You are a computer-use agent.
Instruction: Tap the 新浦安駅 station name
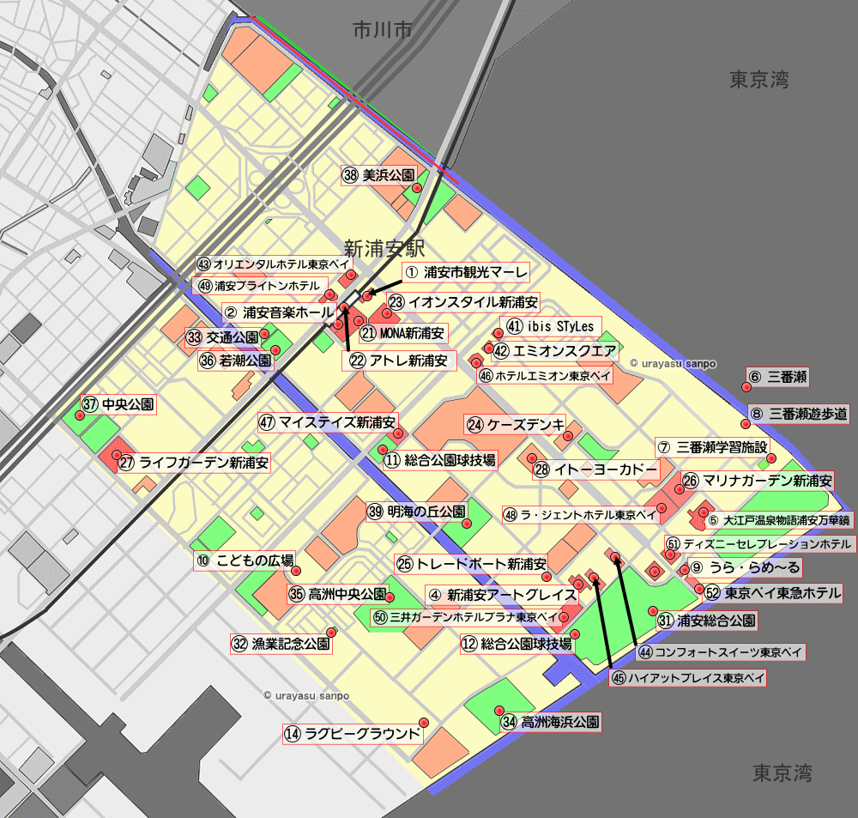pos(384,247)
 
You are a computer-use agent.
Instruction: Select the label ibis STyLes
pos(550,327)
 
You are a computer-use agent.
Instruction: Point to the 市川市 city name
pos(383,30)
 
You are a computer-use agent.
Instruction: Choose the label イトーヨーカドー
pos(595,470)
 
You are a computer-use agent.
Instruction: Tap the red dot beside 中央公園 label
pos(80,415)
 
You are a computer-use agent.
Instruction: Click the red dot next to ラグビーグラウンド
pos(423,722)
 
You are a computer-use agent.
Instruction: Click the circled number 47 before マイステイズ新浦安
pos(268,422)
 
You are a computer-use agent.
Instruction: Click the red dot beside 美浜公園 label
pos(416,188)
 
